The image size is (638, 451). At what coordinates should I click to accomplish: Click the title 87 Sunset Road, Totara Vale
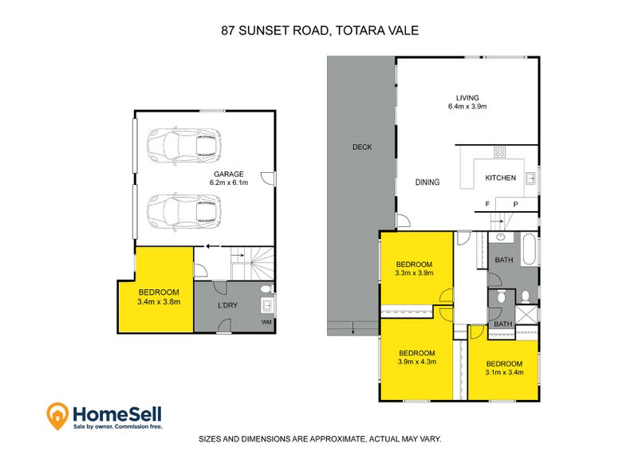point(319,30)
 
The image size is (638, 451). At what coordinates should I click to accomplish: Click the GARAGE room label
point(228,174)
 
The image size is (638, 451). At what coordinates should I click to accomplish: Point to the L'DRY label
point(230,305)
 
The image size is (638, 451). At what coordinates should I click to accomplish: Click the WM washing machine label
point(266,322)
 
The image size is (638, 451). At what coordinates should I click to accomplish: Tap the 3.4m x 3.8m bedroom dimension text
point(159,302)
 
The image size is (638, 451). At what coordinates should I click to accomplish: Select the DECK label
point(362,147)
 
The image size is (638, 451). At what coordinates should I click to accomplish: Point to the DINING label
point(427,182)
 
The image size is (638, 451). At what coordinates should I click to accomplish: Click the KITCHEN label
point(501,178)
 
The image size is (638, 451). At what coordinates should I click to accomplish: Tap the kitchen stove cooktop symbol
point(500,152)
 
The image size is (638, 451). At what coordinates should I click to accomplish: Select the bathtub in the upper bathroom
point(528,249)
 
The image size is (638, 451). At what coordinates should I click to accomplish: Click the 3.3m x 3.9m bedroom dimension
point(414,273)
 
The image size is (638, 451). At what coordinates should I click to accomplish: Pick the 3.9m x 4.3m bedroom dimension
point(416,363)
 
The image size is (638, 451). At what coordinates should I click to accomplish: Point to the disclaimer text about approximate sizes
point(319,439)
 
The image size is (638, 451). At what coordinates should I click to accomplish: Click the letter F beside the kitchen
point(488,205)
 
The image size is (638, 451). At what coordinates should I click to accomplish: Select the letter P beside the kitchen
point(515,205)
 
